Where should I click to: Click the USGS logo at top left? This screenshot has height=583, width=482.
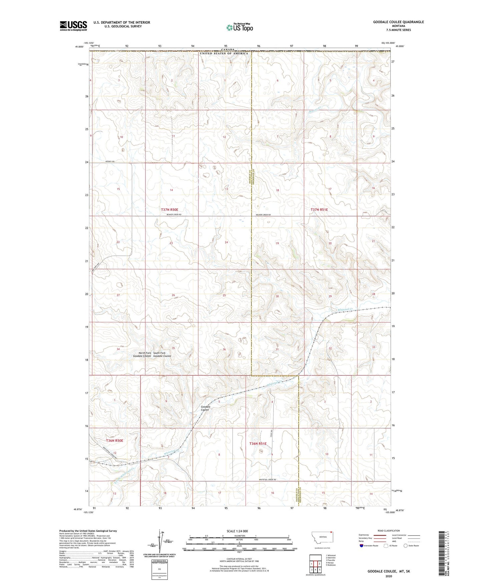point(73,26)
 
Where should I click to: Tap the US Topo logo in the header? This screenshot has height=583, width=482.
point(240,27)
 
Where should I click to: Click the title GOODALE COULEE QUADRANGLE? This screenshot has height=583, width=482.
point(398,22)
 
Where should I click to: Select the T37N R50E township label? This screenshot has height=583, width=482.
point(172,210)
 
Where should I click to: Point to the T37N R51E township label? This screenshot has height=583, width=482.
point(319,210)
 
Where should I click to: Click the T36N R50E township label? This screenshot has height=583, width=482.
point(114,440)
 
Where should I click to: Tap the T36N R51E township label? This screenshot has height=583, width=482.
point(258,443)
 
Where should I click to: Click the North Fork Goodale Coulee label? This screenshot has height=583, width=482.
point(142,355)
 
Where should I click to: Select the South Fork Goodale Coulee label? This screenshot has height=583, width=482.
point(162,355)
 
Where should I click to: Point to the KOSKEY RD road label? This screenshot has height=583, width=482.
point(110,162)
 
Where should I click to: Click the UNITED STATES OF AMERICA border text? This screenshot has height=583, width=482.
point(224,53)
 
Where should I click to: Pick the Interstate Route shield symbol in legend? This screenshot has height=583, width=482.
point(362,546)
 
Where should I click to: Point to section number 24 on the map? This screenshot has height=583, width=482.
point(226,242)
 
